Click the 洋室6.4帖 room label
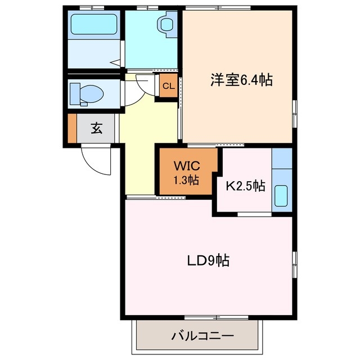[x=241, y=80]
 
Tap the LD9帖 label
[x=208, y=261]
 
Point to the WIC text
[x=186, y=166]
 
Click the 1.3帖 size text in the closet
[x=186, y=181]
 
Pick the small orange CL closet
[x=168, y=87]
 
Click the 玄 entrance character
[x=96, y=128]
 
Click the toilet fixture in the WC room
[x=84, y=93]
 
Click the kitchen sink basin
[x=281, y=197]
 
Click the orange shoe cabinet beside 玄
[x=71, y=128]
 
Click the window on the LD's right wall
[x=294, y=264]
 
